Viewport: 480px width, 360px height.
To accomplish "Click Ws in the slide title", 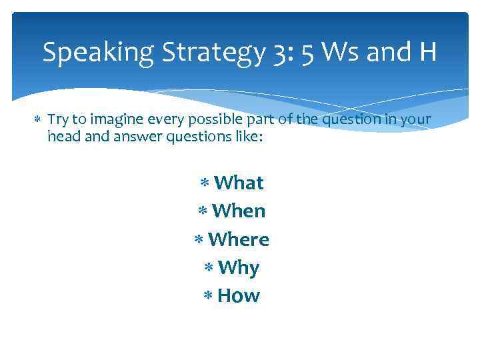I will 344,52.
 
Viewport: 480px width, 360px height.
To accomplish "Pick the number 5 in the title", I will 307,53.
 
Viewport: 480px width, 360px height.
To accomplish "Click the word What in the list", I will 239,183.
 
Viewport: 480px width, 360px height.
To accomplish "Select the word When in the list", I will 239,211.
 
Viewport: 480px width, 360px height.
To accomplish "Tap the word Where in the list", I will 239,239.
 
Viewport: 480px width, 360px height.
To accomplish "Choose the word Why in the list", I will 239,268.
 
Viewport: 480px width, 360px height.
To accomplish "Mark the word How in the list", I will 239,296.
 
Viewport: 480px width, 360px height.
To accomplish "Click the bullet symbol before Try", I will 36,120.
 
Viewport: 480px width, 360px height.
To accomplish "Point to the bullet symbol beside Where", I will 199,240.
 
